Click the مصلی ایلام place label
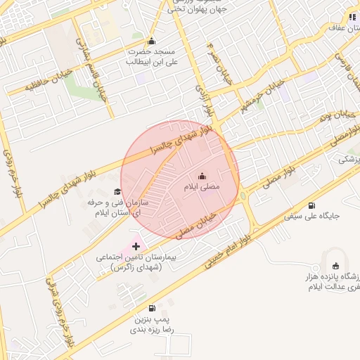click(202, 188)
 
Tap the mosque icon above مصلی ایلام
click(202, 176)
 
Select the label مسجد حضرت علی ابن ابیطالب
click(152, 56)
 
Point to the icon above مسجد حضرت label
click(152, 41)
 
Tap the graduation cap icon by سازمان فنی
click(117, 191)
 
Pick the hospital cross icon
click(136, 247)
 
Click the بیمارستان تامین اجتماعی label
click(131, 262)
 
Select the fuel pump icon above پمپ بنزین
click(151, 308)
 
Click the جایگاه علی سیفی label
click(312, 217)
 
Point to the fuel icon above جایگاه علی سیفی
click(311, 205)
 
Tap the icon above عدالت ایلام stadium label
click(335, 266)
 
